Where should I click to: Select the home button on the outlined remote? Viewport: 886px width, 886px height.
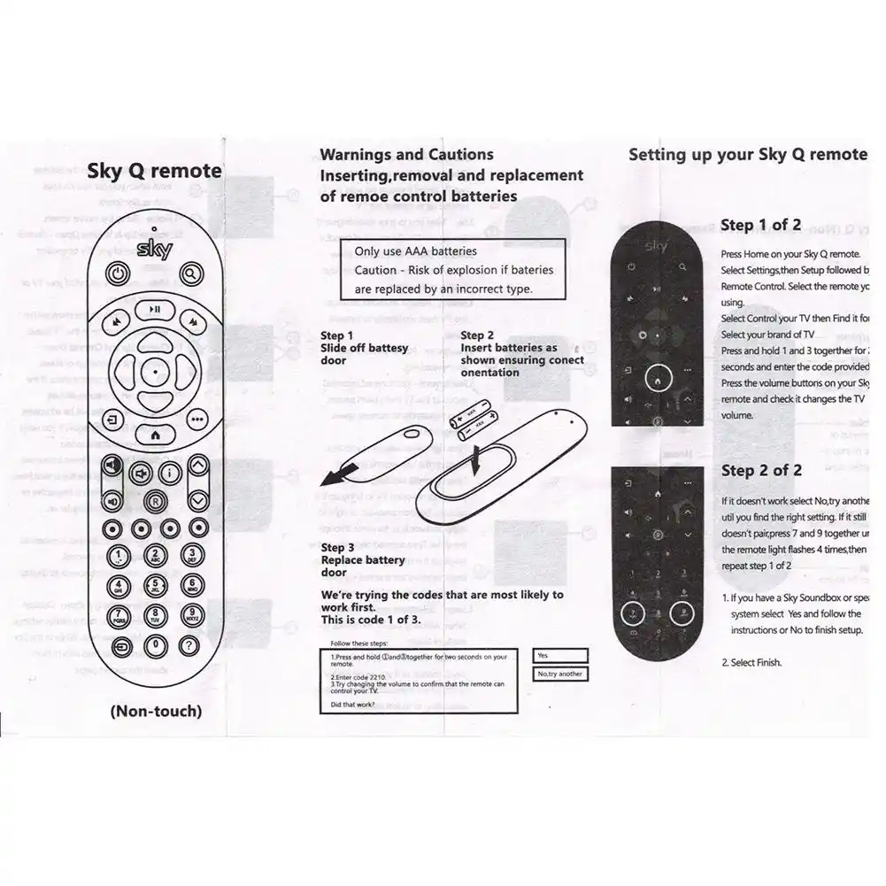tap(155, 435)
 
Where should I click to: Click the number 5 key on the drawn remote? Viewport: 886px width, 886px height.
tap(155, 585)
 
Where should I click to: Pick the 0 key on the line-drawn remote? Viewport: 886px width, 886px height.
tap(155, 646)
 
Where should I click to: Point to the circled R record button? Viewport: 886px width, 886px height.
tap(155, 501)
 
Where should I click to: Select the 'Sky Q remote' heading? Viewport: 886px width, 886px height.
tap(154, 172)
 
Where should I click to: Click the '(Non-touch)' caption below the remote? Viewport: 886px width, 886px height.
tap(155, 710)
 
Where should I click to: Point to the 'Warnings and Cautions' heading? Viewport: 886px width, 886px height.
tap(406, 155)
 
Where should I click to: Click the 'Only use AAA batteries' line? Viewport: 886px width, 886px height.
tap(415, 251)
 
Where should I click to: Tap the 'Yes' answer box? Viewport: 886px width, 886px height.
tap(560, 655)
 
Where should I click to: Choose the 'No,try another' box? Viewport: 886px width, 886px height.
tap(560, 674)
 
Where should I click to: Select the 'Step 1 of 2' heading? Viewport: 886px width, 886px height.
tap(760, 225)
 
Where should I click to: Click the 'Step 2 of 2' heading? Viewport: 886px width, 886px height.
tap(760, 471)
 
